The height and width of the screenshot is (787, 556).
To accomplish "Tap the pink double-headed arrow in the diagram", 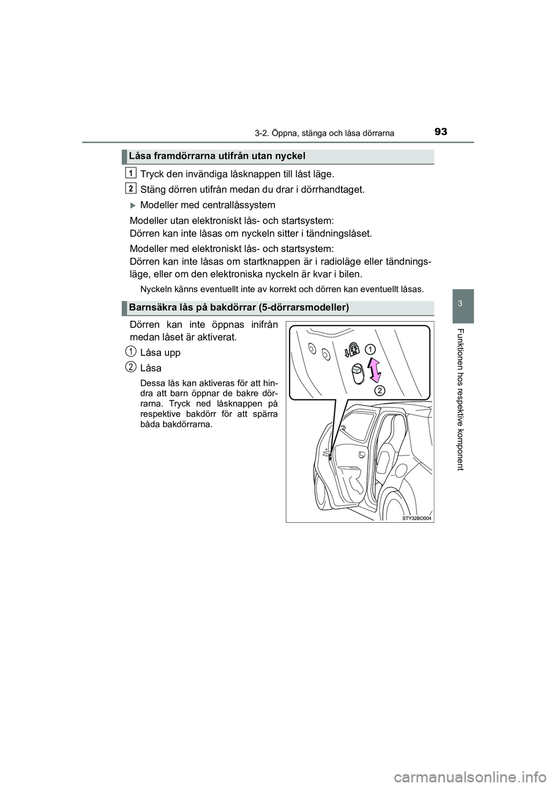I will pyautogui.click(x=374, y=370).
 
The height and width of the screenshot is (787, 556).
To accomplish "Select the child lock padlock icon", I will pyautogui.click(x=352, y=351).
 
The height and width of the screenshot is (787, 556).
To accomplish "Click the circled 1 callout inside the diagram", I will pyautogui.click(x=369, y=349).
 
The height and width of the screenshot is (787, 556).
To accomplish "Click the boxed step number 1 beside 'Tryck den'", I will pyautogui.click(x=131, y=172).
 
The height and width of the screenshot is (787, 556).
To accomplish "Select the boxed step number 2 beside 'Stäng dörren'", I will pyautogui.click(x=131, y=188).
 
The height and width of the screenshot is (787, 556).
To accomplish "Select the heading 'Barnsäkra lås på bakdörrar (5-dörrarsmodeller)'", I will pyautogui.click(x=239, y=307).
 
